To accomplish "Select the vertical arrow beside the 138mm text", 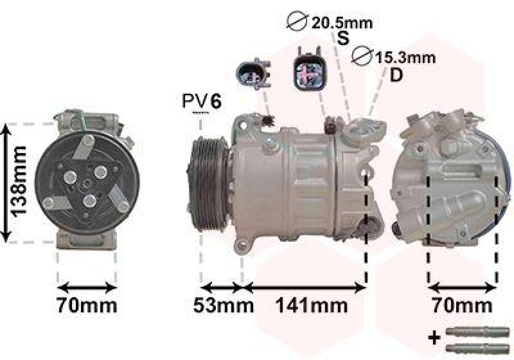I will click(x=6, y=183).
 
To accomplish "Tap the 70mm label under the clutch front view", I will click(x=86, y=305).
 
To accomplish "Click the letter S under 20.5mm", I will click(x=344, y=39).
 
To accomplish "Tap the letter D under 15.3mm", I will click(x=396, y=75).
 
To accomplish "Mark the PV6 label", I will click(x=202, y=101).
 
